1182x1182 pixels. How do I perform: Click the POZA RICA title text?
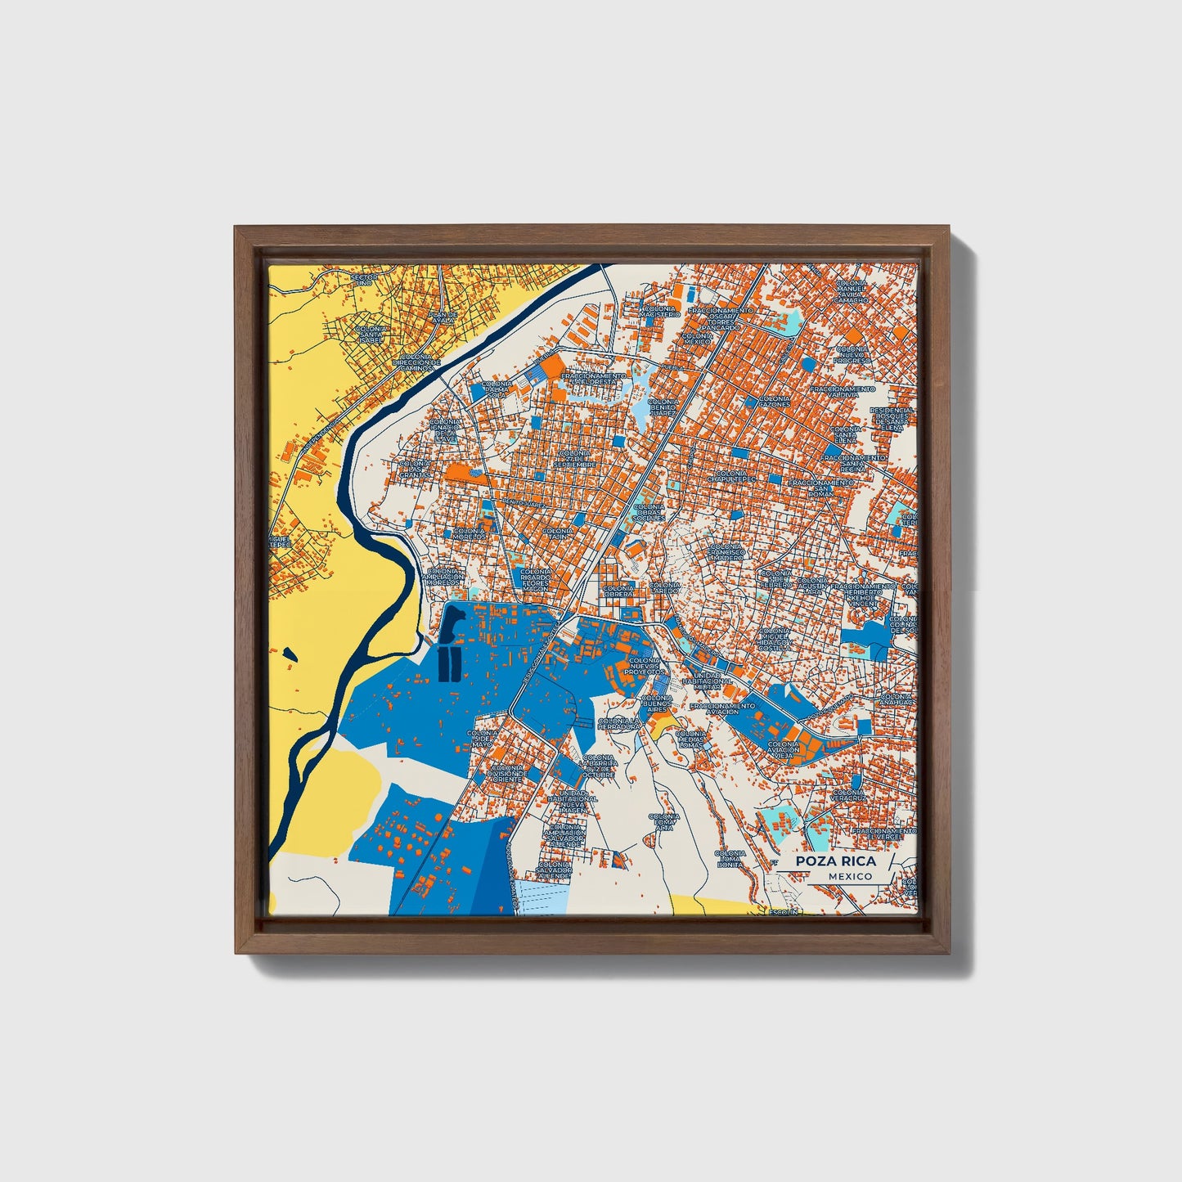(x=834, y=861)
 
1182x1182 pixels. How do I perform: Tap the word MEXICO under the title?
(x=849, y=876)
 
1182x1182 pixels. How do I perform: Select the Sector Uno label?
(x=365, y=280)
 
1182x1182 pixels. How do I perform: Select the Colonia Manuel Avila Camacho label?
(x=852, y=291)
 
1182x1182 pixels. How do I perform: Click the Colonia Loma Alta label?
(x=664, y=821)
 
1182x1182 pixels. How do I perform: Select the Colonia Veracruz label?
(x=847, y=795)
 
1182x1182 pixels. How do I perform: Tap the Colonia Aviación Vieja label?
(x=784, y=749)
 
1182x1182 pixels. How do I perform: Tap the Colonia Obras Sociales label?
(x=649, y=512)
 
